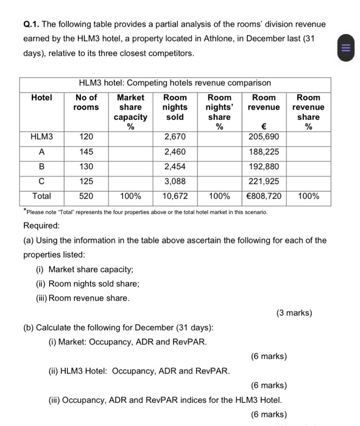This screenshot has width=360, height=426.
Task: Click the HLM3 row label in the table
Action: [x=41, y=137]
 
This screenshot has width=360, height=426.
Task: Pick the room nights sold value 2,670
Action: [x=175, y=137]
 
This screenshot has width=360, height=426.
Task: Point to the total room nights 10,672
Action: [x=175, y=196]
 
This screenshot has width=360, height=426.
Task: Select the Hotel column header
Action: [x=41, y=97]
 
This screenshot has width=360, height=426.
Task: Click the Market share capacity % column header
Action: [x=130, y=112]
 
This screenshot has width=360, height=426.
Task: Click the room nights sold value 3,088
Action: [x=175, y=181]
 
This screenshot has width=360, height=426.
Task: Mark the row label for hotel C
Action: [x=41, y=181]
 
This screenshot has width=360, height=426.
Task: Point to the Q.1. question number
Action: [x=31, y=24]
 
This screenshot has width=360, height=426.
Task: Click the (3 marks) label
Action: [x=294, y=313]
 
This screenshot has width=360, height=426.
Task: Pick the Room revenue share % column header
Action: [x=308, y=112]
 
